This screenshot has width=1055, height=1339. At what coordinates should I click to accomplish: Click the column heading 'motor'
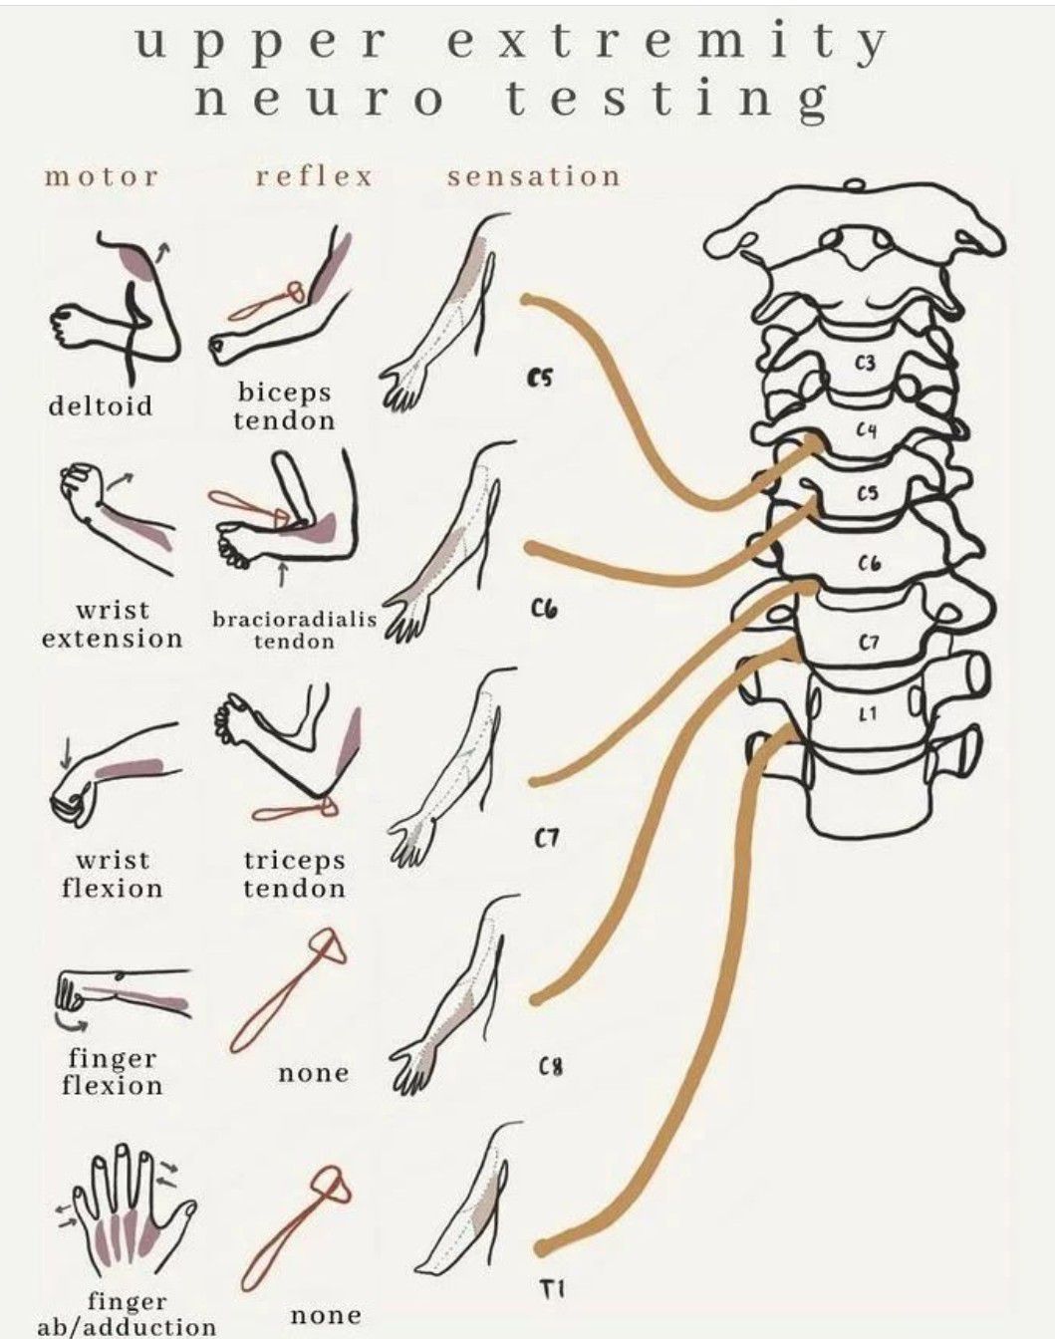point(101,177)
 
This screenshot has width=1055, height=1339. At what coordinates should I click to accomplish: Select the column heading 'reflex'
point(315,176)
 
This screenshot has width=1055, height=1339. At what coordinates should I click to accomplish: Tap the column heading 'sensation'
point(534,176)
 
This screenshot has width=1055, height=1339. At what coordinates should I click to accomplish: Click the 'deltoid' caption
point(101,405)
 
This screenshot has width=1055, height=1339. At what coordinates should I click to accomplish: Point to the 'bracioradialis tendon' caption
point(295,630)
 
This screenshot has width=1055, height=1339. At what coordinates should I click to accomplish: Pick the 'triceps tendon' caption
point(295,874)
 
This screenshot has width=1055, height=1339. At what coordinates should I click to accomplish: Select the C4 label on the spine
point(867,429)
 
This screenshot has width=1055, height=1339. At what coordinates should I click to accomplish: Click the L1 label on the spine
point(869,715)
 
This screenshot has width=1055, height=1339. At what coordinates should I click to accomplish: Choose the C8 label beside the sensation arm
point(550,1068)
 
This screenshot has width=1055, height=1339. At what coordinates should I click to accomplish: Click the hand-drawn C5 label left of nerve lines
point(540,379)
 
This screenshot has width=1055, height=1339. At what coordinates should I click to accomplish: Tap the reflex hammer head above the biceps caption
point(295,292)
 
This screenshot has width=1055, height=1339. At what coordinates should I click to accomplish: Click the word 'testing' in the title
point(666,101)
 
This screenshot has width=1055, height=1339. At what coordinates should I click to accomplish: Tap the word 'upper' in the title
point(260,45)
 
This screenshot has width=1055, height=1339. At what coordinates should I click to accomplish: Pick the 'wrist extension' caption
point(112,626)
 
